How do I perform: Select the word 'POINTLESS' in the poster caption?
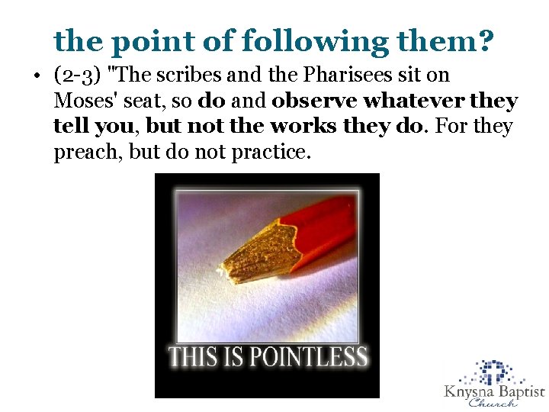(x=311, y=356)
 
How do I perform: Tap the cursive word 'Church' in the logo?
(x=493, y=404)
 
